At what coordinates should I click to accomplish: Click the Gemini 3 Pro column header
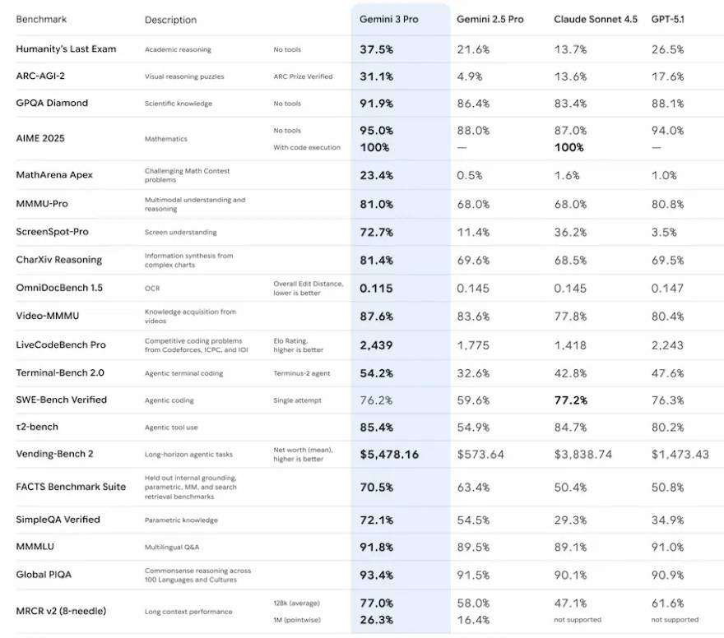point(388,19)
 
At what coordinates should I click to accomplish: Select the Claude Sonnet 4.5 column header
point(595,19)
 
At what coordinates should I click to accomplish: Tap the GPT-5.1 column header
point(667,19)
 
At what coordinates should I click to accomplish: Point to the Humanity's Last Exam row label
point(66,49)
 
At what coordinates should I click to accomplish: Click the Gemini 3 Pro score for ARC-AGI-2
point(376,76)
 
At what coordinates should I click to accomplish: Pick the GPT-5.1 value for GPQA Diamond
point(667,104)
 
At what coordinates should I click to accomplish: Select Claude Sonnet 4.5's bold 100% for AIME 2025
point(569,147)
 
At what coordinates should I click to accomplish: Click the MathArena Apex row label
point(54,175)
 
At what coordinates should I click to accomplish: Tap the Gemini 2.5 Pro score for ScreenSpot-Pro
point(473,233)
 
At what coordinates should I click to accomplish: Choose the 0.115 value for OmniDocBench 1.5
point(376,289)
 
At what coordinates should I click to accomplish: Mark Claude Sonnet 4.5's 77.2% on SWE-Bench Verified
point(571,400)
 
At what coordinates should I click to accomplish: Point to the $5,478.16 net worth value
point(389,454)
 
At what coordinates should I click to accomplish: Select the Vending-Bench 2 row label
point(54,454)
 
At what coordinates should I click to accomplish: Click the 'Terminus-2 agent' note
point(301,373)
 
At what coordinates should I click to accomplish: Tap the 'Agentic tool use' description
point(171,428)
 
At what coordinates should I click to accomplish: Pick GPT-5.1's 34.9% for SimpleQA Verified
point(667,520)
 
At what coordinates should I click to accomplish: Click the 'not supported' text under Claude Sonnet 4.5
point(577,619)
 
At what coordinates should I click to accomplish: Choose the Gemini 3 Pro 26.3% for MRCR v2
point(376,619)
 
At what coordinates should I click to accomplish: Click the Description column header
point(170,20)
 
